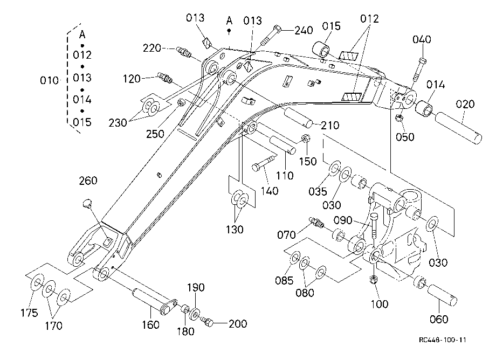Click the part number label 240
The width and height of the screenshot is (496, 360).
point(304,30)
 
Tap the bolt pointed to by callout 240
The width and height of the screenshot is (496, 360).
point(271,35)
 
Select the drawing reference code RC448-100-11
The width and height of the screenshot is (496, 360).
point(442,340)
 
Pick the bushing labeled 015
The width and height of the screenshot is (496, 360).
point(321,49)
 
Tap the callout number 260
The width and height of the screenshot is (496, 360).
point(88,181)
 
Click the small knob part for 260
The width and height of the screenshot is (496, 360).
point(86,204)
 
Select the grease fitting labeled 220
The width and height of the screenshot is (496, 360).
point(184,52)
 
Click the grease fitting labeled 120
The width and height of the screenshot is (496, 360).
point(165,78)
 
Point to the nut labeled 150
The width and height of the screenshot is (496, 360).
point(306,139)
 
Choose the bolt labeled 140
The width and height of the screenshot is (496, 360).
point(264,162)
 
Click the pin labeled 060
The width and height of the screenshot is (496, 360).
point(442,295)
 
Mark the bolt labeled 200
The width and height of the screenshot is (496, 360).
point(207,321)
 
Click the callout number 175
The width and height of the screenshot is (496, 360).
point(30,313)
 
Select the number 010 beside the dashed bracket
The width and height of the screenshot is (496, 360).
point(50,81)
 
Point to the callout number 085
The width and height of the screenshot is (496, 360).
point(284,280)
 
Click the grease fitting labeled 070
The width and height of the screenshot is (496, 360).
point(316,222)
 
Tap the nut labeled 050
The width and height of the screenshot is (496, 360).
point(399,118)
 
